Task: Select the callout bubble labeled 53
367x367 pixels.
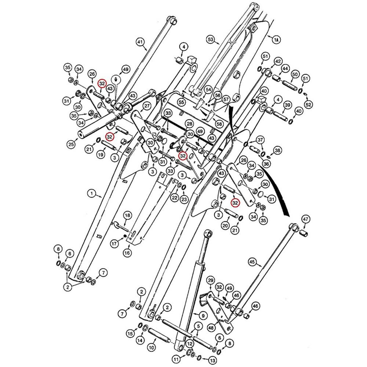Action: click(x=210, y=39)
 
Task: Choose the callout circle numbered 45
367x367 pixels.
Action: click(x=252, y=262)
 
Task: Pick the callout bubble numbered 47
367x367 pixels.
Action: click(x=306, y=219)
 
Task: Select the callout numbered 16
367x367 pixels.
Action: click(x=127, y=253)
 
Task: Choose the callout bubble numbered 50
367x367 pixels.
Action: click(x=294, y=75)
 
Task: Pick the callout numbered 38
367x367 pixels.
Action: click(x=277, y=150)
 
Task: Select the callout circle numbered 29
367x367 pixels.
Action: click(x=210, y=281)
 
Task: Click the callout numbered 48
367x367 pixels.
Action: click(x=211, y=327)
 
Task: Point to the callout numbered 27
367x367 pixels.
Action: click(x=147, y=106)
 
